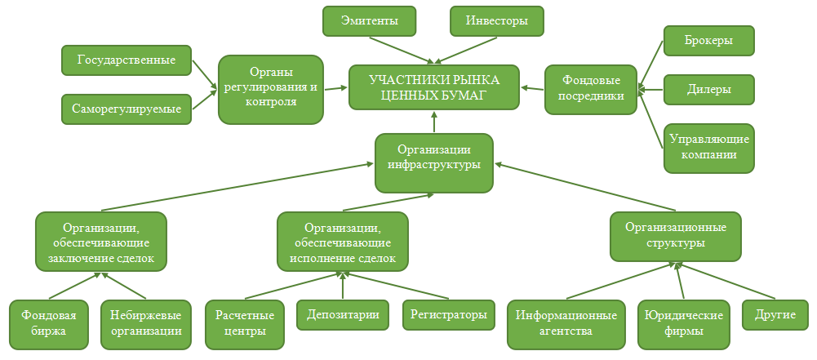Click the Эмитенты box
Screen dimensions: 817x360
(x=370, y=21)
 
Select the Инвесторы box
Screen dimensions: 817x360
(x=497, y=21)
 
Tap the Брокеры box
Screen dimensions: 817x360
(x=709, y=40)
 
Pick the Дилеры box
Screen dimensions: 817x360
(x=709, y=90)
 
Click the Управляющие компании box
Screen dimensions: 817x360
(x=709, y=148)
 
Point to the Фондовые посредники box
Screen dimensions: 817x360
(x=591, y=89)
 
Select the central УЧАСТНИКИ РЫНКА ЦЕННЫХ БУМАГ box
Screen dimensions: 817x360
(x=434, y=87)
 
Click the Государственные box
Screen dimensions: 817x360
(x=127, y=60)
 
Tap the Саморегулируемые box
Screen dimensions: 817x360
(x=127, y=109)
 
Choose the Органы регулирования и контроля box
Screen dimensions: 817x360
(x=270, y=90)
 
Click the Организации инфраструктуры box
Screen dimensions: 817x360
(x=434, y=162)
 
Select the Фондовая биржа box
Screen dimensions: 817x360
(x=48, y=324)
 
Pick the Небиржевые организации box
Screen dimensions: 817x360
(x=145, y=324)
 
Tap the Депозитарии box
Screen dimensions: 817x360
(x=343, y=314)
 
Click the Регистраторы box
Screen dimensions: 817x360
(x=449, y=314)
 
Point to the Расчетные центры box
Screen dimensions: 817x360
(x=245, y=324)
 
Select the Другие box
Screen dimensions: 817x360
(x=775, y=314)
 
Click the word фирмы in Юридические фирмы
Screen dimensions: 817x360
(x=684, y=331)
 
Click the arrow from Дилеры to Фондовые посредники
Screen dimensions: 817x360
(x=650, y=90)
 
